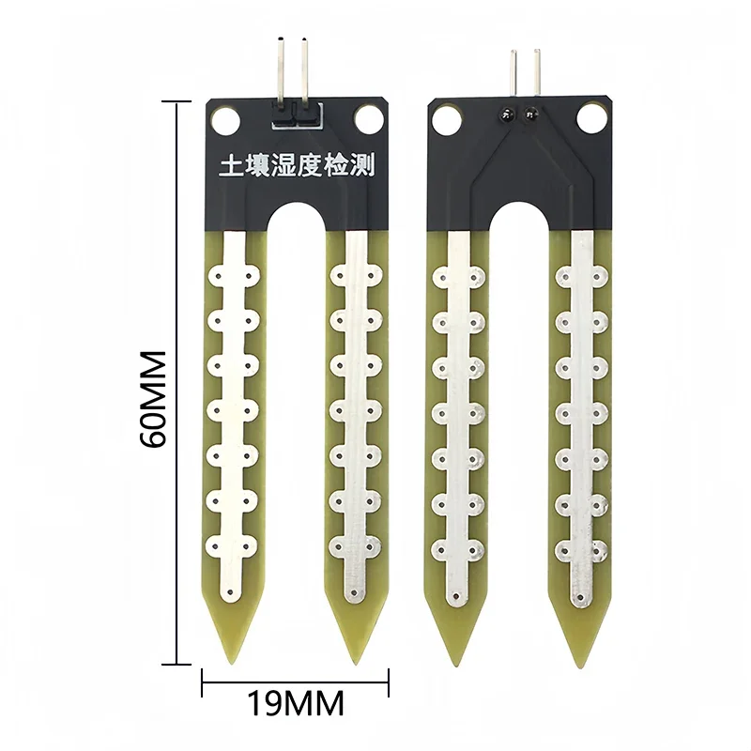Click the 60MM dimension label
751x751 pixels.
pyautogui.click(x=153, y=399)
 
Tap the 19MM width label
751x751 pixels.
pyautogui.click(x=295, y=701)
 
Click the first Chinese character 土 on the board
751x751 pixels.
pyautogui.click(x=230, y=168)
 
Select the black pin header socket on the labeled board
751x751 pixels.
pyautogui.click(x=295, y=115)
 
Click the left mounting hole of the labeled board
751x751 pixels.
pyautogui.click(x=224, y=119)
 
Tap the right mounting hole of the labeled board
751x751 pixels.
pyautogui.click(x=367, y=119)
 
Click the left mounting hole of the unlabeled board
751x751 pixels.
pyautogui.click(x=444, y=118)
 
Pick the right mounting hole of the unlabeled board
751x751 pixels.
pyautogui.click(x=591, y=118)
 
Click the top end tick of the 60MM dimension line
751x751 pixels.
pyautogui.click(x=177, y=100)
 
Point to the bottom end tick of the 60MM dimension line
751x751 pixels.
pyautogui.click(x=177, y=663)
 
